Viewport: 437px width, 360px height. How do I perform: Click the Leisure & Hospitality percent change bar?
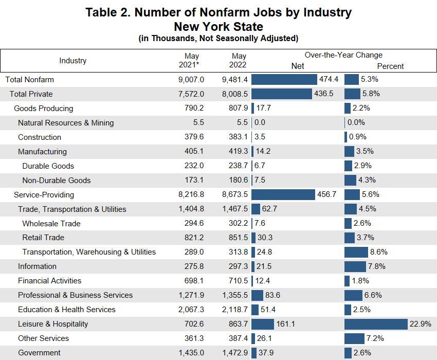(x=376, y=324)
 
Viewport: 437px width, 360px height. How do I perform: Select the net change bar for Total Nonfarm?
(x=284, y=79)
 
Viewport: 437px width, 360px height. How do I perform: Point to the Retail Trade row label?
(x=44, y=238)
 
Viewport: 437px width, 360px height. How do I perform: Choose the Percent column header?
(x=390, y=66)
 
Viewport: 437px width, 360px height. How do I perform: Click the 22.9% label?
(x=420, y=324)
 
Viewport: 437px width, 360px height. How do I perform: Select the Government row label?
(x=39, y=353)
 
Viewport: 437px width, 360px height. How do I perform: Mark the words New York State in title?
(x=219, y=26)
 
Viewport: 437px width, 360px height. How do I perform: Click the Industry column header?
(x=73, y=61)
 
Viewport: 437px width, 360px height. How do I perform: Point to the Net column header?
(x=298, y=66)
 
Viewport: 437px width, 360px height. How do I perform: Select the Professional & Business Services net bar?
(x=258, y=295)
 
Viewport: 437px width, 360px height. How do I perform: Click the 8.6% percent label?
(x=378, y=252)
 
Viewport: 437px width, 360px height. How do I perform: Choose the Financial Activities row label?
(x=49, y=281)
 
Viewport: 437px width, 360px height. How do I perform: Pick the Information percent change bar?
(x=355, y=266)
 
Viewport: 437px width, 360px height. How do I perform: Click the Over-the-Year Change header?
(x=343, y=55)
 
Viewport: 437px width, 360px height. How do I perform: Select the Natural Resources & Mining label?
(x=66, y=122)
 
